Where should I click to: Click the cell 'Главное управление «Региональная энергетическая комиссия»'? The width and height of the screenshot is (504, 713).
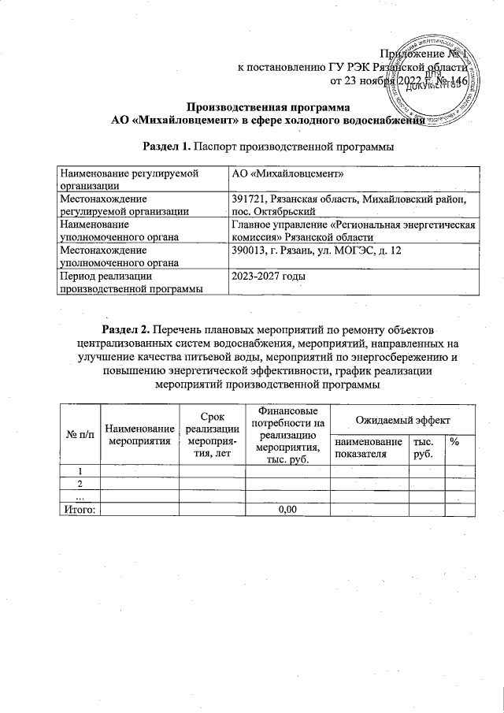point(352,231)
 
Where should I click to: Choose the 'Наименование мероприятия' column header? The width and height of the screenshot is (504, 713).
point(139,434)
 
